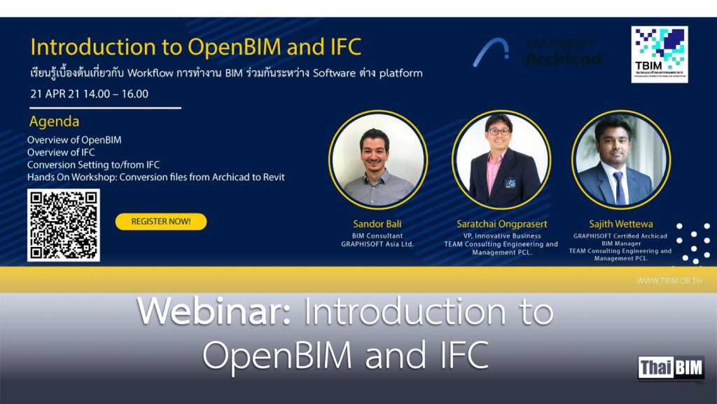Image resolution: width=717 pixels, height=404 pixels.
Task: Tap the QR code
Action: pyautogui.click(x=64, y=224)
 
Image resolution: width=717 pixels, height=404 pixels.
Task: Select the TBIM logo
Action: pyautogui.click(x=659, y=54)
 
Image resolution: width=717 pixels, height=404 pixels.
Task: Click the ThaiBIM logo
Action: pyautogui.click(x=671, y=368)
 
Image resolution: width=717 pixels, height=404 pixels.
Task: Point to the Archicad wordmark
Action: pyautogui.click(x=564, y=58)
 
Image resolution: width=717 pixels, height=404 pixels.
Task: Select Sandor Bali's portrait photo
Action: pyautogui.click(x=378, y=159)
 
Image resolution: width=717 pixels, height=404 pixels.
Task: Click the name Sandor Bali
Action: pyautogui.click(x=377, y=224)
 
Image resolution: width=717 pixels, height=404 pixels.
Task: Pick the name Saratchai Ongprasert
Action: pyautogui.click(x=501, y=224)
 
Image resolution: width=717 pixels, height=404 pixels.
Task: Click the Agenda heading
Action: pyautogui.click(x=54, y=121)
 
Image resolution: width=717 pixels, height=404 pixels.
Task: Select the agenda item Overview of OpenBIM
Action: pyautogui.click(x=74, y=140)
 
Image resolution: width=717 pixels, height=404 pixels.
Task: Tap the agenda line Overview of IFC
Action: pyautogui.click(x=61, y=152)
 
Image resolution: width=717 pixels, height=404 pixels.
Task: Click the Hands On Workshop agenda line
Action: pyautogui.click(x=155, y=177)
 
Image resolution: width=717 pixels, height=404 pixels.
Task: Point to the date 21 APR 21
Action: pyautogui.click(x=54, y=94)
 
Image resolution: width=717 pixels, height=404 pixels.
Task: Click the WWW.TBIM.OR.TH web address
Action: pyautogui.click(x=669, y=281)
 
